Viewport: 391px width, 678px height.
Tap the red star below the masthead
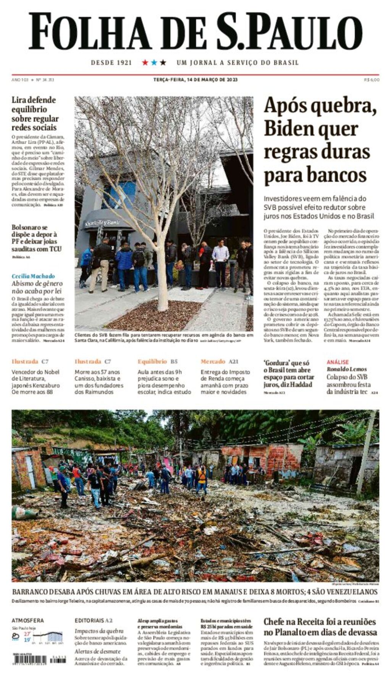(145, 62)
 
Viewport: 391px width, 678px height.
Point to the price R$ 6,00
(372, 80)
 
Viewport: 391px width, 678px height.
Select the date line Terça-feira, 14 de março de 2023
(195, 80)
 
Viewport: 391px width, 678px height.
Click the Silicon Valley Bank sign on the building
(102, 223)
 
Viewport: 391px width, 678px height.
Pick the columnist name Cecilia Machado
(33, 276)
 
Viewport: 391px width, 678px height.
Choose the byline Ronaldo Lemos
(346, 369)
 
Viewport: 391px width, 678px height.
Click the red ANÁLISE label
(338, 362)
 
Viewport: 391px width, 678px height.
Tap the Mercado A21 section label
(219, 361)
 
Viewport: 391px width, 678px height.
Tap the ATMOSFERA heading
(27, 621)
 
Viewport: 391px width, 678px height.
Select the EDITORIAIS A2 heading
(94, 621)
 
